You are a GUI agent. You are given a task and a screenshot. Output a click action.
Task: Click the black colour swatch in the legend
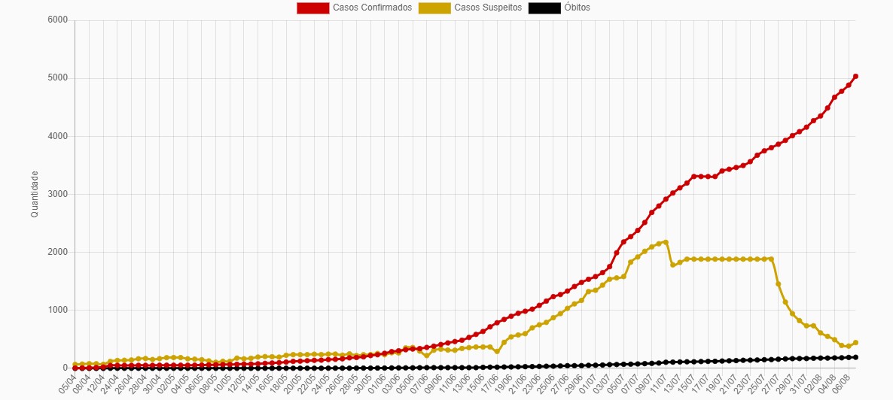point(544,8)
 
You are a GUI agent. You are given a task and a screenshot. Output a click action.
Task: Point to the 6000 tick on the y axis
point(59,20)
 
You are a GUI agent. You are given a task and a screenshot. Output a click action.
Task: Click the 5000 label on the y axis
point(59,78)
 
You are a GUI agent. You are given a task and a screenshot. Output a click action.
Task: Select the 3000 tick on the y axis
point(59,194)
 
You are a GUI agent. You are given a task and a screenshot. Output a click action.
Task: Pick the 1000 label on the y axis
point(59,310)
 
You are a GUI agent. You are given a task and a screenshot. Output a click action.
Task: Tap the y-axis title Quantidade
point(35,194)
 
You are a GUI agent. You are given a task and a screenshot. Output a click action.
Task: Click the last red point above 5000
point(855,76)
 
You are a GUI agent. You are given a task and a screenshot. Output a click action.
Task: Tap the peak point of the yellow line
point(666,242)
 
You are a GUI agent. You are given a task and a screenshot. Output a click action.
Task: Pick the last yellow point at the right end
point(855,342)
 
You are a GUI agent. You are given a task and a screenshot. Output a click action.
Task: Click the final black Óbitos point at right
point(855,357)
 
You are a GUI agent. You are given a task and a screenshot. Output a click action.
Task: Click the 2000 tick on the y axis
point(59,252)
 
